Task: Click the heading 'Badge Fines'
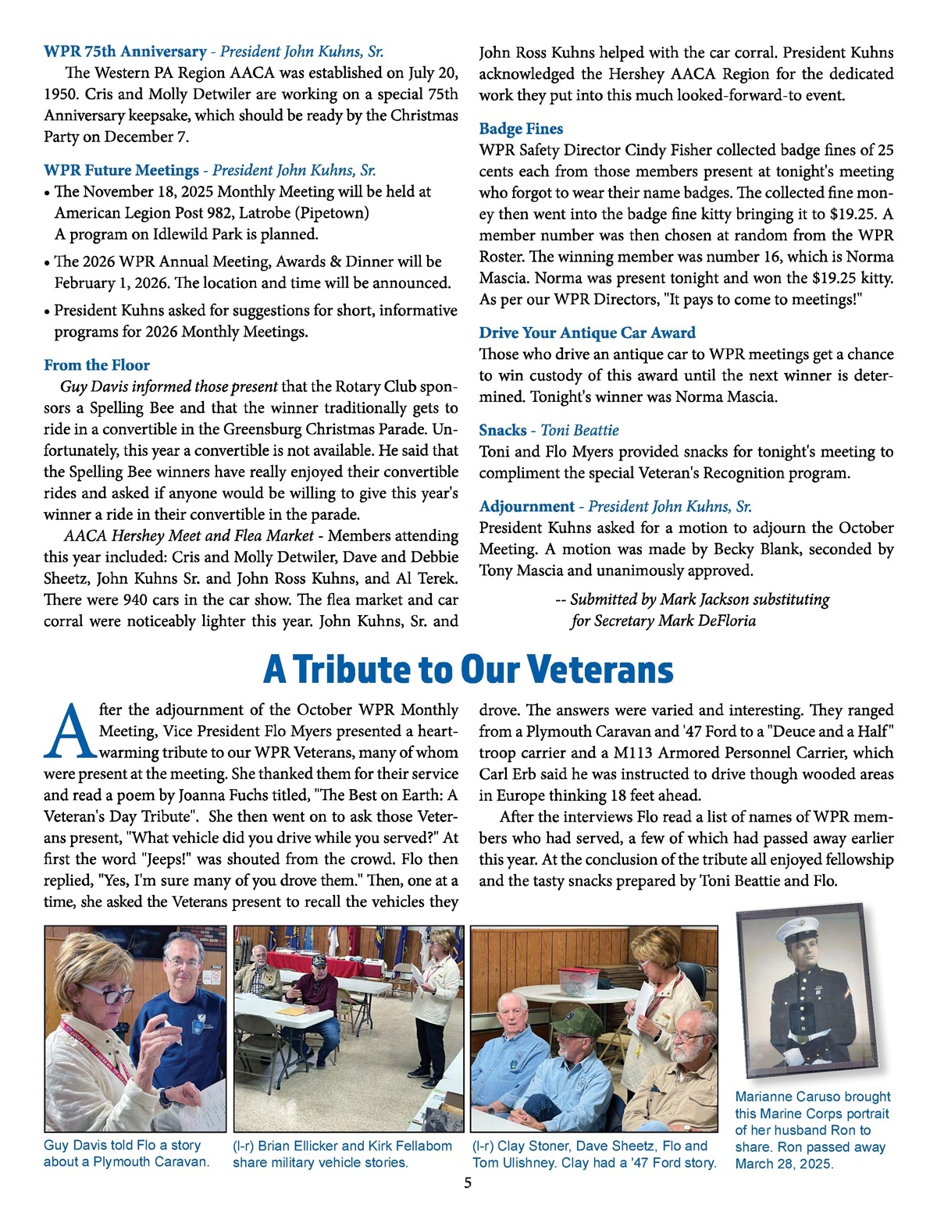[521, 129]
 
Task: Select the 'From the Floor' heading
[97, 365]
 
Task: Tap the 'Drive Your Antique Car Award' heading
[587, 332]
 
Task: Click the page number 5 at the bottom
[468, 1183]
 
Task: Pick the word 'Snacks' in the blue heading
[503, 430]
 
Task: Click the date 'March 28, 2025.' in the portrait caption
[784, 1164]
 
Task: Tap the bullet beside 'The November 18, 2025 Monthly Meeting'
[48, 193]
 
